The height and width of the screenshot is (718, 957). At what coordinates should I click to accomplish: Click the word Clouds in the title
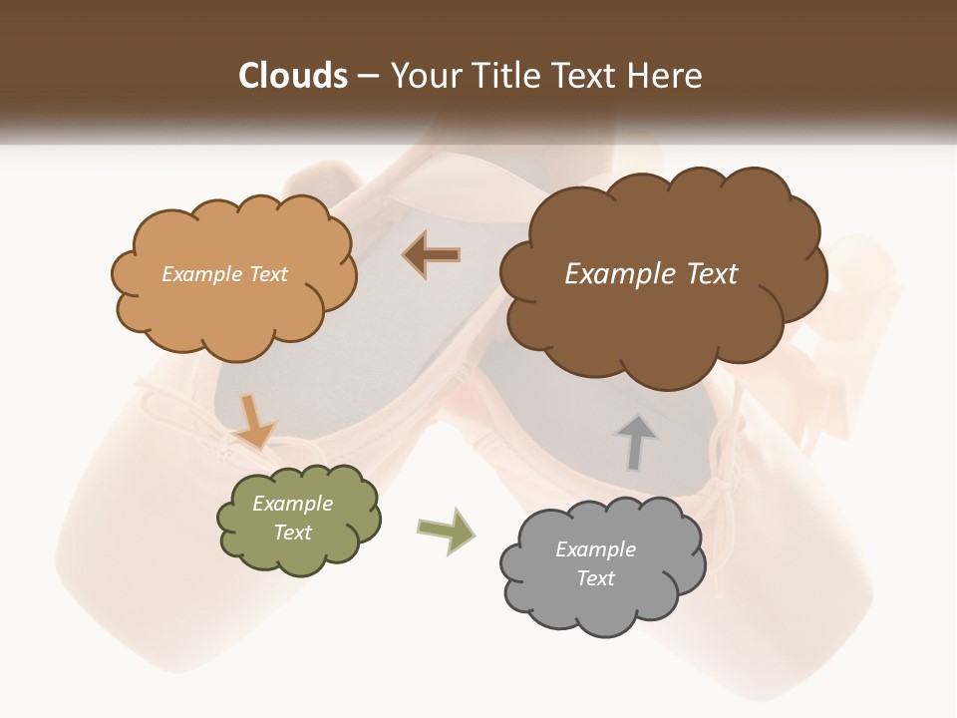click(x=293, y=76)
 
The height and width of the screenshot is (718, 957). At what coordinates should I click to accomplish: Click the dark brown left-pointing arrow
click(x=432, y=255)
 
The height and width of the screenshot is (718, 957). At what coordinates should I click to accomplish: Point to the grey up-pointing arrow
click(x=635, y=442)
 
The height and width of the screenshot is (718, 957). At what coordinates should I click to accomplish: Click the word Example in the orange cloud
click(x=199, y=274)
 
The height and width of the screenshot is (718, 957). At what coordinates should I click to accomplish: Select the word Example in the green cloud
click(x=292, y=504)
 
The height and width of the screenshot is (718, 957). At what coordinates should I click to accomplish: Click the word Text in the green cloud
click(x=292, y=533)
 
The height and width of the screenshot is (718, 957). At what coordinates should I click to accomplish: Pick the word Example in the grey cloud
click(x=595, y=549)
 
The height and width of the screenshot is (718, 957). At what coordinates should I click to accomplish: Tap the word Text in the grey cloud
click(x=595, y=578)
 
